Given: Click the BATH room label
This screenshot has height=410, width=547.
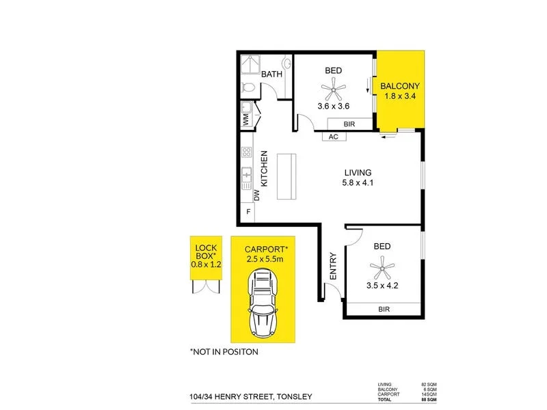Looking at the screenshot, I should [271, 74].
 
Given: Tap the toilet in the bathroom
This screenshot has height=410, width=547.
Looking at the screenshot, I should [250, 87].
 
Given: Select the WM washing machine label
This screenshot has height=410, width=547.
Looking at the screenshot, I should [246, 119].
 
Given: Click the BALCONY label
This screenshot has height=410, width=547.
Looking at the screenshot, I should [400, 86].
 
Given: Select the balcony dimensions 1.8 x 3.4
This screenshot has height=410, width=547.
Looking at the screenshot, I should [400, 97].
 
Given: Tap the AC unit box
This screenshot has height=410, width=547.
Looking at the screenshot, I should [334, 136].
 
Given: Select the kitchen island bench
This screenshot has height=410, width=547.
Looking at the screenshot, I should [287, 176].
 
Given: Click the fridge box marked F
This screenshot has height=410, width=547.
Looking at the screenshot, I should [248, 212].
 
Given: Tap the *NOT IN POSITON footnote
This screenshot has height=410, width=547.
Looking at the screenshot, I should [224, 353].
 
